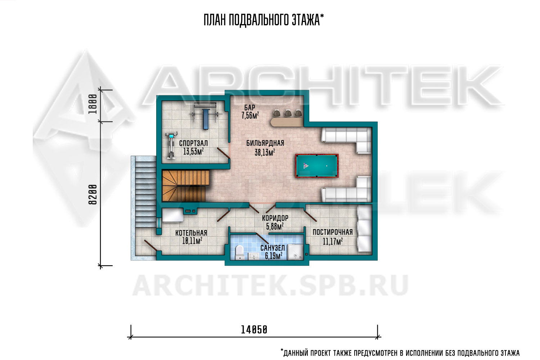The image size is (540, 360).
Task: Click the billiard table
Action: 317,166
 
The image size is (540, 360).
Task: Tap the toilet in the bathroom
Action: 240,253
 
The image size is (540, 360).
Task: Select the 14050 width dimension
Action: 254,330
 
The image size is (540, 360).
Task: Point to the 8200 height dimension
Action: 93,195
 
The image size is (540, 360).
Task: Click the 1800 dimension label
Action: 93,104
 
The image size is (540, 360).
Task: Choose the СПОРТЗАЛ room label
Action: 193,143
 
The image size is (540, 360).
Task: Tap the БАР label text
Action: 249,108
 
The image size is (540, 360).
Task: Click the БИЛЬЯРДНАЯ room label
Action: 265,143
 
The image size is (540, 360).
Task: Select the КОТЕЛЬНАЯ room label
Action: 191,233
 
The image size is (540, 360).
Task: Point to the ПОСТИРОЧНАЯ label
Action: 333,232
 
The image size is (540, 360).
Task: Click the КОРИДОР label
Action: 275,218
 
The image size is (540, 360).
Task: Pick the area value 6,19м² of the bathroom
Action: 274,256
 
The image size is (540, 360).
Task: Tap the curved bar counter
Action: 287,122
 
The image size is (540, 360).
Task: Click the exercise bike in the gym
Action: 171,145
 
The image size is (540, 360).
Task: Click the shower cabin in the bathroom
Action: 295,252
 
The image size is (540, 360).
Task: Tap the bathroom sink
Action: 253,256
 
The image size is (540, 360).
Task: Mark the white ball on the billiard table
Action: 327,166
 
